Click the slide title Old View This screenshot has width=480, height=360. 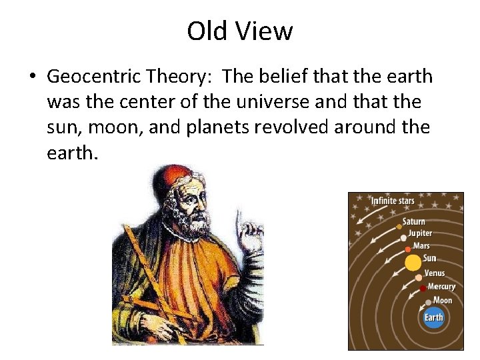pos(239,31)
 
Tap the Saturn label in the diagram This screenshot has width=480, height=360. pos(413,222)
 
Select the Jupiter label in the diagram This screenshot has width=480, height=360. pos(420,233)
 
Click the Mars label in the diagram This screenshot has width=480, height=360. pos(421,246)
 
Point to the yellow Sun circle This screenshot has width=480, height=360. pos(413,261)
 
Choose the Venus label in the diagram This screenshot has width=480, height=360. pos(435,273)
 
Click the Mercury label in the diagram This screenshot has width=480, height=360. pos(441,287)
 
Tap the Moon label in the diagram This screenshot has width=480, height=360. pos(443,301)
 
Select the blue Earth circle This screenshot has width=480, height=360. pos(434,317)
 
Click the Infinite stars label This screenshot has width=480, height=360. pos(393,201)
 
